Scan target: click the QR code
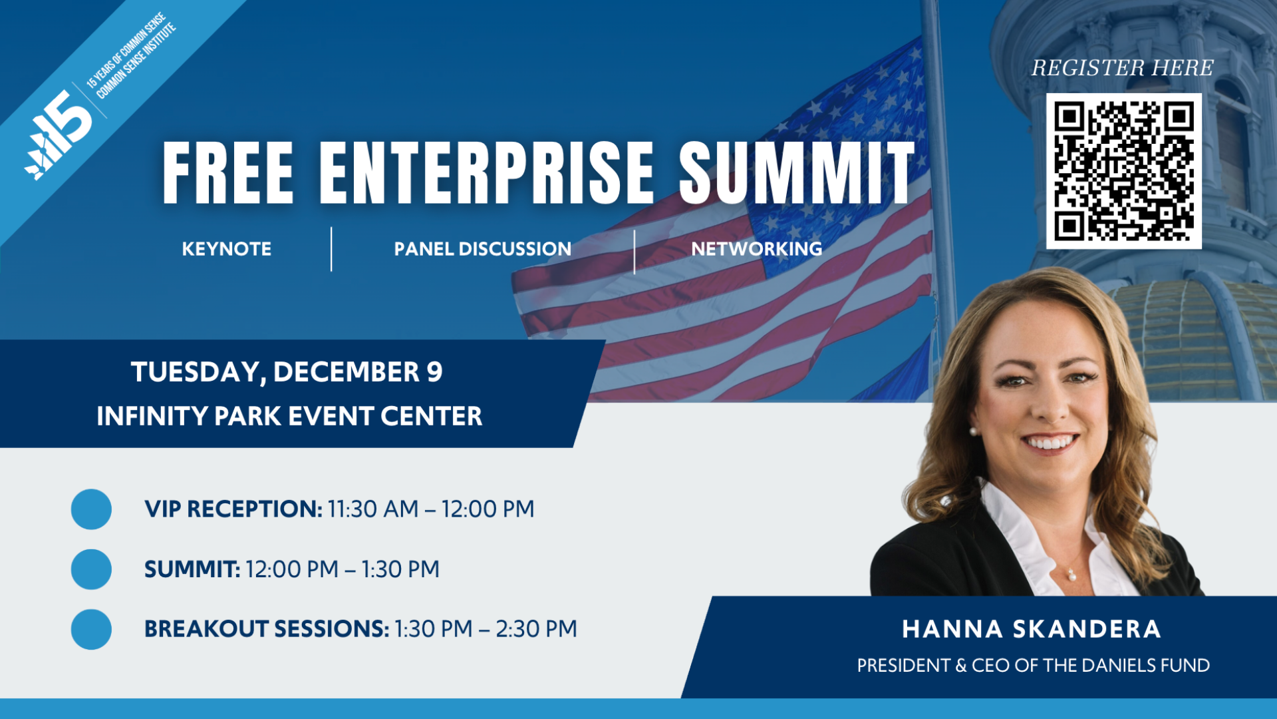point(1123,171)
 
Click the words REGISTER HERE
point(1122,68)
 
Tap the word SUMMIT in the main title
point(797,172)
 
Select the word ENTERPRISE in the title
point(486,172)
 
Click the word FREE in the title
point(227,172)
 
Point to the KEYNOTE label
point(227,249)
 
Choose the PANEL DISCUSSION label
point(483,249)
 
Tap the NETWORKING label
point(757,249)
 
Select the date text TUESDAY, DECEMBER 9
point(287,372)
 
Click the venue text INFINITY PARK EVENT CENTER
point(289,416)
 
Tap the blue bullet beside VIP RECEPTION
point(91,509)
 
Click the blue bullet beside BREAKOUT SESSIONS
point(91,629)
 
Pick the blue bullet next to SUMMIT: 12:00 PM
point(91,569)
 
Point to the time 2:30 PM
point(536,629)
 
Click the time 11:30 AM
point(373,509)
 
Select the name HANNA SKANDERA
point(1032,629)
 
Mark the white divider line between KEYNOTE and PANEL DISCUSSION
point(331,249)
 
